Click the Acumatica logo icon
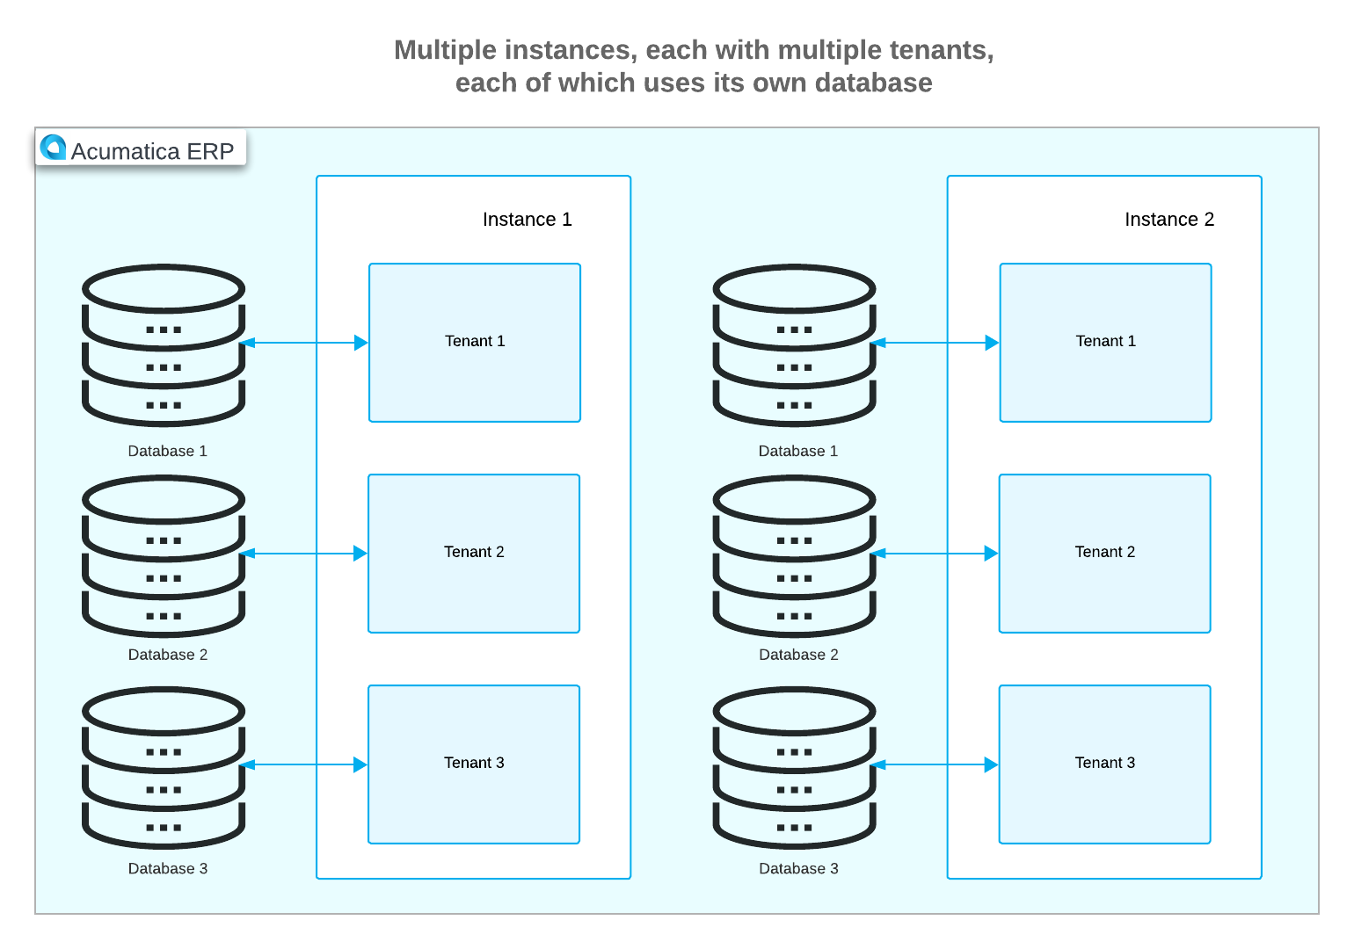tap(54, 148)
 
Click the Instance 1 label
tap(527, 220)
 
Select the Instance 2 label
tap(1168, 220)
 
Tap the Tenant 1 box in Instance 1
tap(475, 343)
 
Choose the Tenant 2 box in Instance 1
tap(474, 554)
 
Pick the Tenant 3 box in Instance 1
tap(474, 764)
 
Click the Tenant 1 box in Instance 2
tap(1105, 343)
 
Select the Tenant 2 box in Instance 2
tap(1104, 554)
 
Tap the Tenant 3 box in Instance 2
tap(1104, 764)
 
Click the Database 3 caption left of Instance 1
tap(168, 868)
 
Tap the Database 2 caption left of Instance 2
tap(798, 655)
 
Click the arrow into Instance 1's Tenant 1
tap(303, 343)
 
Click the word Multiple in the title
tap(446, 50)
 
